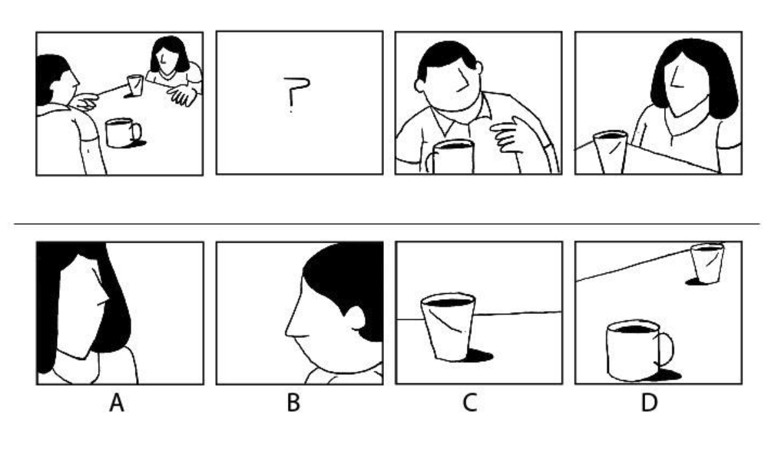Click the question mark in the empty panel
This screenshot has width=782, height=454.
click(x=296, y=94)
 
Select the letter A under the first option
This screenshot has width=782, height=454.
click(x=117, y=403)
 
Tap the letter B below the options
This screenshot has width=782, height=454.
click(x=293, y=403)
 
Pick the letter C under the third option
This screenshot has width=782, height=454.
click(x=470, y=403)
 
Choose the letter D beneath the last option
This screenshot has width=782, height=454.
click(x=649, y=403)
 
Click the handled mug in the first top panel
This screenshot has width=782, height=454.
click(x=123, y=133)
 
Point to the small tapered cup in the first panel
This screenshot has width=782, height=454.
click(x=135, y=85)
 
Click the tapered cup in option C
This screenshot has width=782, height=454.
click(x=448, y=326)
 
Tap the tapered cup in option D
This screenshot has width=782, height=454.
click(x=707, y=263)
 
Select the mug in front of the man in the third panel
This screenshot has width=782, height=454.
click(x=451, y=156)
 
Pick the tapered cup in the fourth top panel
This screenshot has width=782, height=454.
click(x=610, y=152)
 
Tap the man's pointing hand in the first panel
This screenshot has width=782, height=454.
click(x=85, y=102)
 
